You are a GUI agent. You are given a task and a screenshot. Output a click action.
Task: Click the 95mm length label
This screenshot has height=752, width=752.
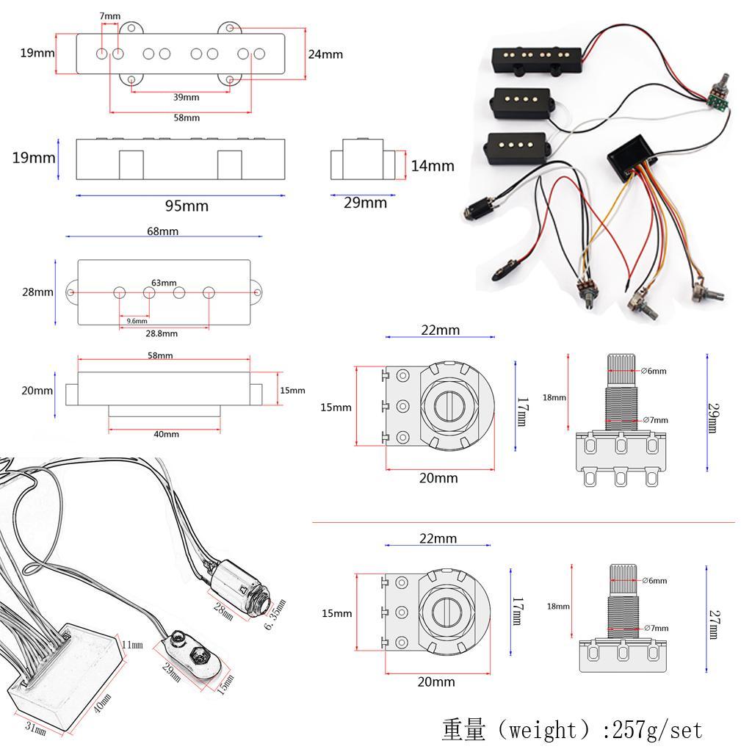(186, 206)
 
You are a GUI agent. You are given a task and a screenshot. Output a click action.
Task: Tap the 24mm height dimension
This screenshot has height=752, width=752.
(325, 54)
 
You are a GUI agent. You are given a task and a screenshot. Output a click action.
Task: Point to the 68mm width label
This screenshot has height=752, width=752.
(163, 231)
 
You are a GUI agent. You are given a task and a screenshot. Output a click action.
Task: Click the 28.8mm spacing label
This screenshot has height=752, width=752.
(162, 333)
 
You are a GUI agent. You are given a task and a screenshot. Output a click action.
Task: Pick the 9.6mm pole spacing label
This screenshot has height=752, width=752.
(137, 321)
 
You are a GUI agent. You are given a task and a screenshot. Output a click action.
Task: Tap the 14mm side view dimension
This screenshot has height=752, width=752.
(432, 166)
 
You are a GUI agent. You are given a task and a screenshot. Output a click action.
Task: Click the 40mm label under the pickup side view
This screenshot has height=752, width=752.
(166, 434)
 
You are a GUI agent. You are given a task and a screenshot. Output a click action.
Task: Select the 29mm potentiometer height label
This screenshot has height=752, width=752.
(712, 417)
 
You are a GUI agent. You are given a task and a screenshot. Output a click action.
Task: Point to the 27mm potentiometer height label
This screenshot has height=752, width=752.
(712, 624)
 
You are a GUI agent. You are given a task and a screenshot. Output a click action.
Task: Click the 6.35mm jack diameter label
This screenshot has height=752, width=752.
(274, 615)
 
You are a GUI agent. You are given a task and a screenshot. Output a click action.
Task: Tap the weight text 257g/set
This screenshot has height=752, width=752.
(572, 730)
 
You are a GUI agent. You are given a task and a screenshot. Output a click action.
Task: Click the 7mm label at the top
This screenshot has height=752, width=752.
(110, 16)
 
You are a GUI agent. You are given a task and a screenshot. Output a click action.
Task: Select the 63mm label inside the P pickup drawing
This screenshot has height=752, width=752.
(164, 283)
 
